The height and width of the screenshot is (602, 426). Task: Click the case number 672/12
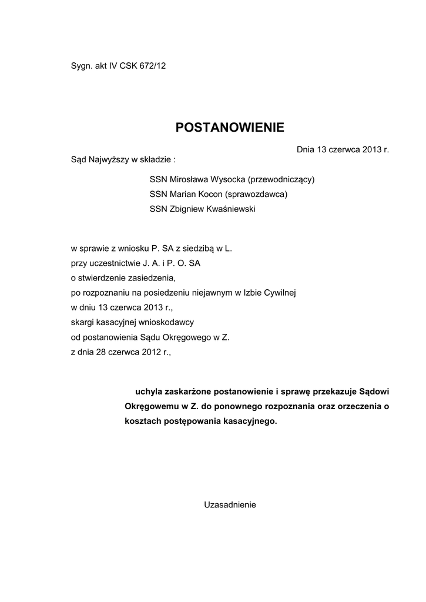click(153, 66)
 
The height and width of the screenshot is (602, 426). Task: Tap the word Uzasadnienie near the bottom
click(230, 504)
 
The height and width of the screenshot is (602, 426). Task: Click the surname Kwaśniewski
click(227, 209)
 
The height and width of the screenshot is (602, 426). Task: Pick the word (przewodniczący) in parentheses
click(282, 179)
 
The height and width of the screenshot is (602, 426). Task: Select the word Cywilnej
click(284, 292)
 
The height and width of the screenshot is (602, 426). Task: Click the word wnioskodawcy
click(163, 322)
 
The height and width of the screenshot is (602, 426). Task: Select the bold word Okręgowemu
click(152, 406)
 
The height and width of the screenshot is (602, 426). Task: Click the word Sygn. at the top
click(82, 66)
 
